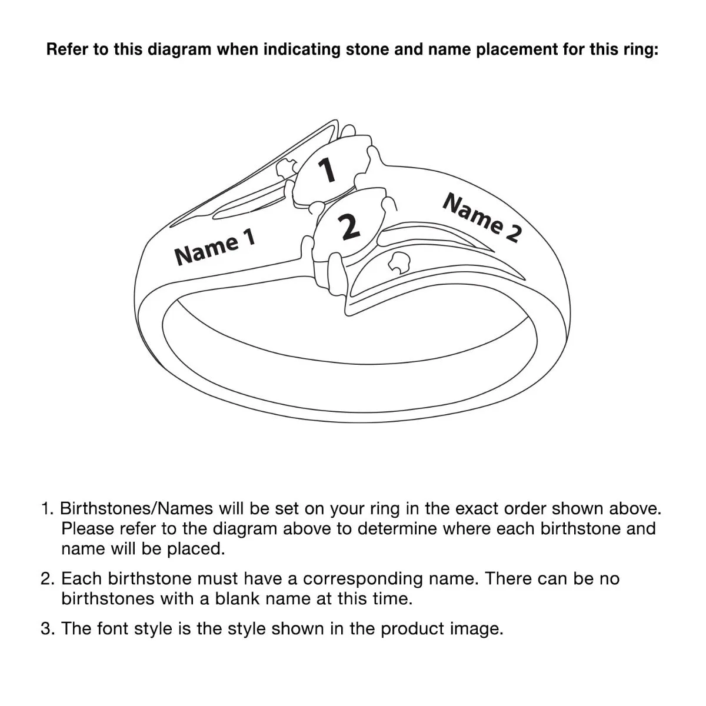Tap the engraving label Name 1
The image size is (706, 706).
(215, 247)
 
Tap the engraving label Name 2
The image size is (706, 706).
(482, 218)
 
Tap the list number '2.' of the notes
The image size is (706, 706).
(47, 579)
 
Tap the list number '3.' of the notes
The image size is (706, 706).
(47, 628)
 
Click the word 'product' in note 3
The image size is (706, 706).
(412, 629)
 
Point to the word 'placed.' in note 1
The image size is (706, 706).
(196, 549)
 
